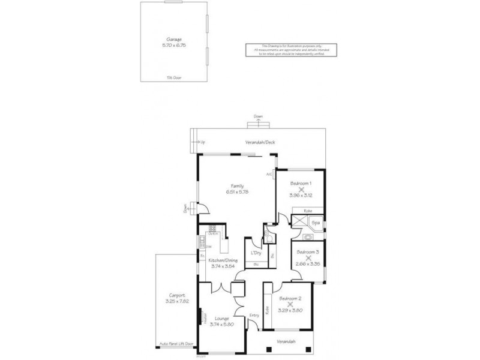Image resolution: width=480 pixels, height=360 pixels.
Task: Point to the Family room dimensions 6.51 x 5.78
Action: [x=237, y=191]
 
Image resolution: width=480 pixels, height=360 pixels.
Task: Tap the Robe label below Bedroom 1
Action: [x=307, y=211]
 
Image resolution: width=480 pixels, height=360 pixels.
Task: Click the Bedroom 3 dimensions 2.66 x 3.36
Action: [x=308, y=263]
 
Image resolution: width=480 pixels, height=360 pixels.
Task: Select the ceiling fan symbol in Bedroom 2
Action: [x=290, y=304]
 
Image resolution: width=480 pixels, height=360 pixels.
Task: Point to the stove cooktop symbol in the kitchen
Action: [x=212, y=229]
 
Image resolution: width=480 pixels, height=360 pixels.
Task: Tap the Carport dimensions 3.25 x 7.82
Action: [x=176, y=301]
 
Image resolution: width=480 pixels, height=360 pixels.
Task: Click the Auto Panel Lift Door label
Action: [x=177, y=344]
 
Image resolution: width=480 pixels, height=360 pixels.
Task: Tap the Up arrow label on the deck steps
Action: [x=202, y=142]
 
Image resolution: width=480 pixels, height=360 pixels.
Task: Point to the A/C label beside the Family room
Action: [x=269, y=174]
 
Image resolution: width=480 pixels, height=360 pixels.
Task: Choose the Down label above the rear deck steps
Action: [x=258, y=116]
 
